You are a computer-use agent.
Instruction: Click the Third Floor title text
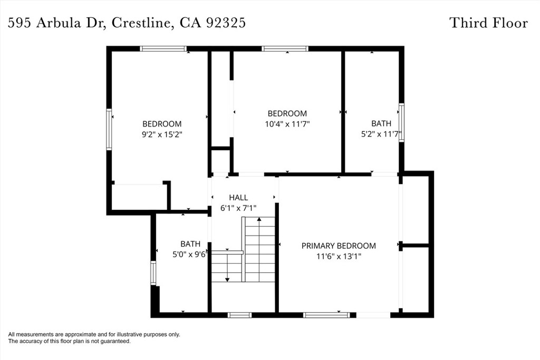click(488, 23)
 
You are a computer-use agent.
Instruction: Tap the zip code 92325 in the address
click(226, 23)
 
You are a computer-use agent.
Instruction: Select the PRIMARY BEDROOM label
click(339, 246)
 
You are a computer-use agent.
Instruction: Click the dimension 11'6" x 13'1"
click(339, 256)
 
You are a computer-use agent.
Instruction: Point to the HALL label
click(238, 198)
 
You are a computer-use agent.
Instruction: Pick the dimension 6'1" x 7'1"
click(238, 208)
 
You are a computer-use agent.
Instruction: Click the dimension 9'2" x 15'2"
click(162, 134)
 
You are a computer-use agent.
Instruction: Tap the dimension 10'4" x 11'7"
click(287, 124)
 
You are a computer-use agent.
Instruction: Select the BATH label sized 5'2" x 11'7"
click(381, 123)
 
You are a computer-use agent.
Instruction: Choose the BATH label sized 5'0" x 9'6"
click(190, 244)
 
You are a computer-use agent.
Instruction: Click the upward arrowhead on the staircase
click(259, 219)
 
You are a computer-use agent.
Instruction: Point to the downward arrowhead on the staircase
click(227, 279)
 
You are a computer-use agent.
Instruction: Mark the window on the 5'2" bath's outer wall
click(401, 122)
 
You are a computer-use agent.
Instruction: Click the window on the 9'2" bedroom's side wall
click(109, 129)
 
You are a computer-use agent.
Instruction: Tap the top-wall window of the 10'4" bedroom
click(285, 49)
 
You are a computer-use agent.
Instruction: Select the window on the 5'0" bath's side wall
click(153, 273)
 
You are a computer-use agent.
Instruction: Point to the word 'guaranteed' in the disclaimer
click(117, 342)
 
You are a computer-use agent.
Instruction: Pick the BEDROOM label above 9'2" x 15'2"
click(162, 124)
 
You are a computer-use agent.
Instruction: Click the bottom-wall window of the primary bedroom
click(326, 315)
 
